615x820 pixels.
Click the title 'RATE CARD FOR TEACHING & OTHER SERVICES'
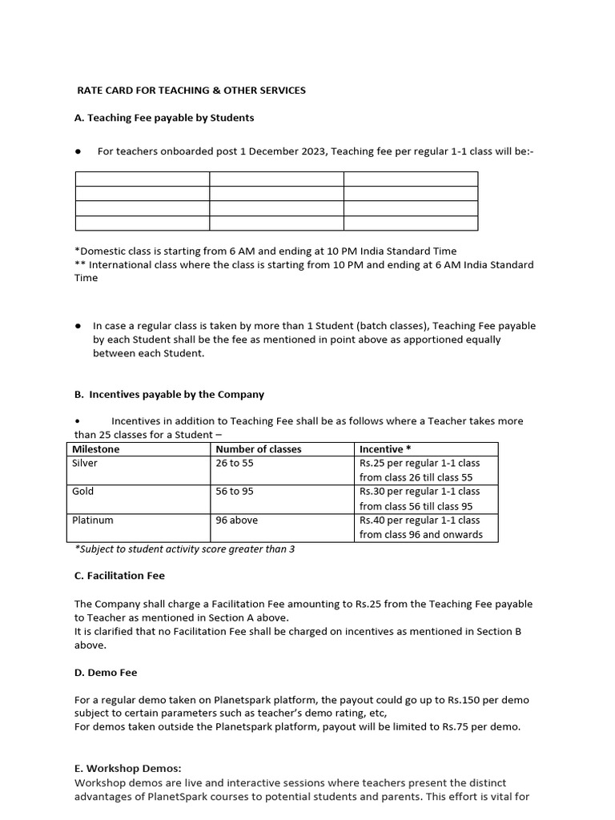point(191,90)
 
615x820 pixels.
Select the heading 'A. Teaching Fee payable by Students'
point(164,118)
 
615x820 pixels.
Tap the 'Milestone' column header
point(96,449)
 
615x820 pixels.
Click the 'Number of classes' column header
point(259,449)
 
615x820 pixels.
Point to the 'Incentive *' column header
point(386,449)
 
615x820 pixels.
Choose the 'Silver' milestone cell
point(85,464)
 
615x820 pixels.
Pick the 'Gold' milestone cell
point(83,492)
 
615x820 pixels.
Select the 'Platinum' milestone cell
point(93,521)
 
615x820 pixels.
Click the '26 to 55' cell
point(234,464)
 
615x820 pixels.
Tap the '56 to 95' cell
point(234,492)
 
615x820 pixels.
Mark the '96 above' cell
point(237,521)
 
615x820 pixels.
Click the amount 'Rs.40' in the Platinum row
point(372,521)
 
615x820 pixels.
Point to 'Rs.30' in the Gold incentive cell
point(372,492)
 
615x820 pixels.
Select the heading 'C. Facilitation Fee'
point(119,576)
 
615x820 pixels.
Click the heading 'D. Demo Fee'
point(106,672)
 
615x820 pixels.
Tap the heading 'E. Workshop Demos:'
point(127,769)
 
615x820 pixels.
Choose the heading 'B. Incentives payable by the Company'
point(169,395)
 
